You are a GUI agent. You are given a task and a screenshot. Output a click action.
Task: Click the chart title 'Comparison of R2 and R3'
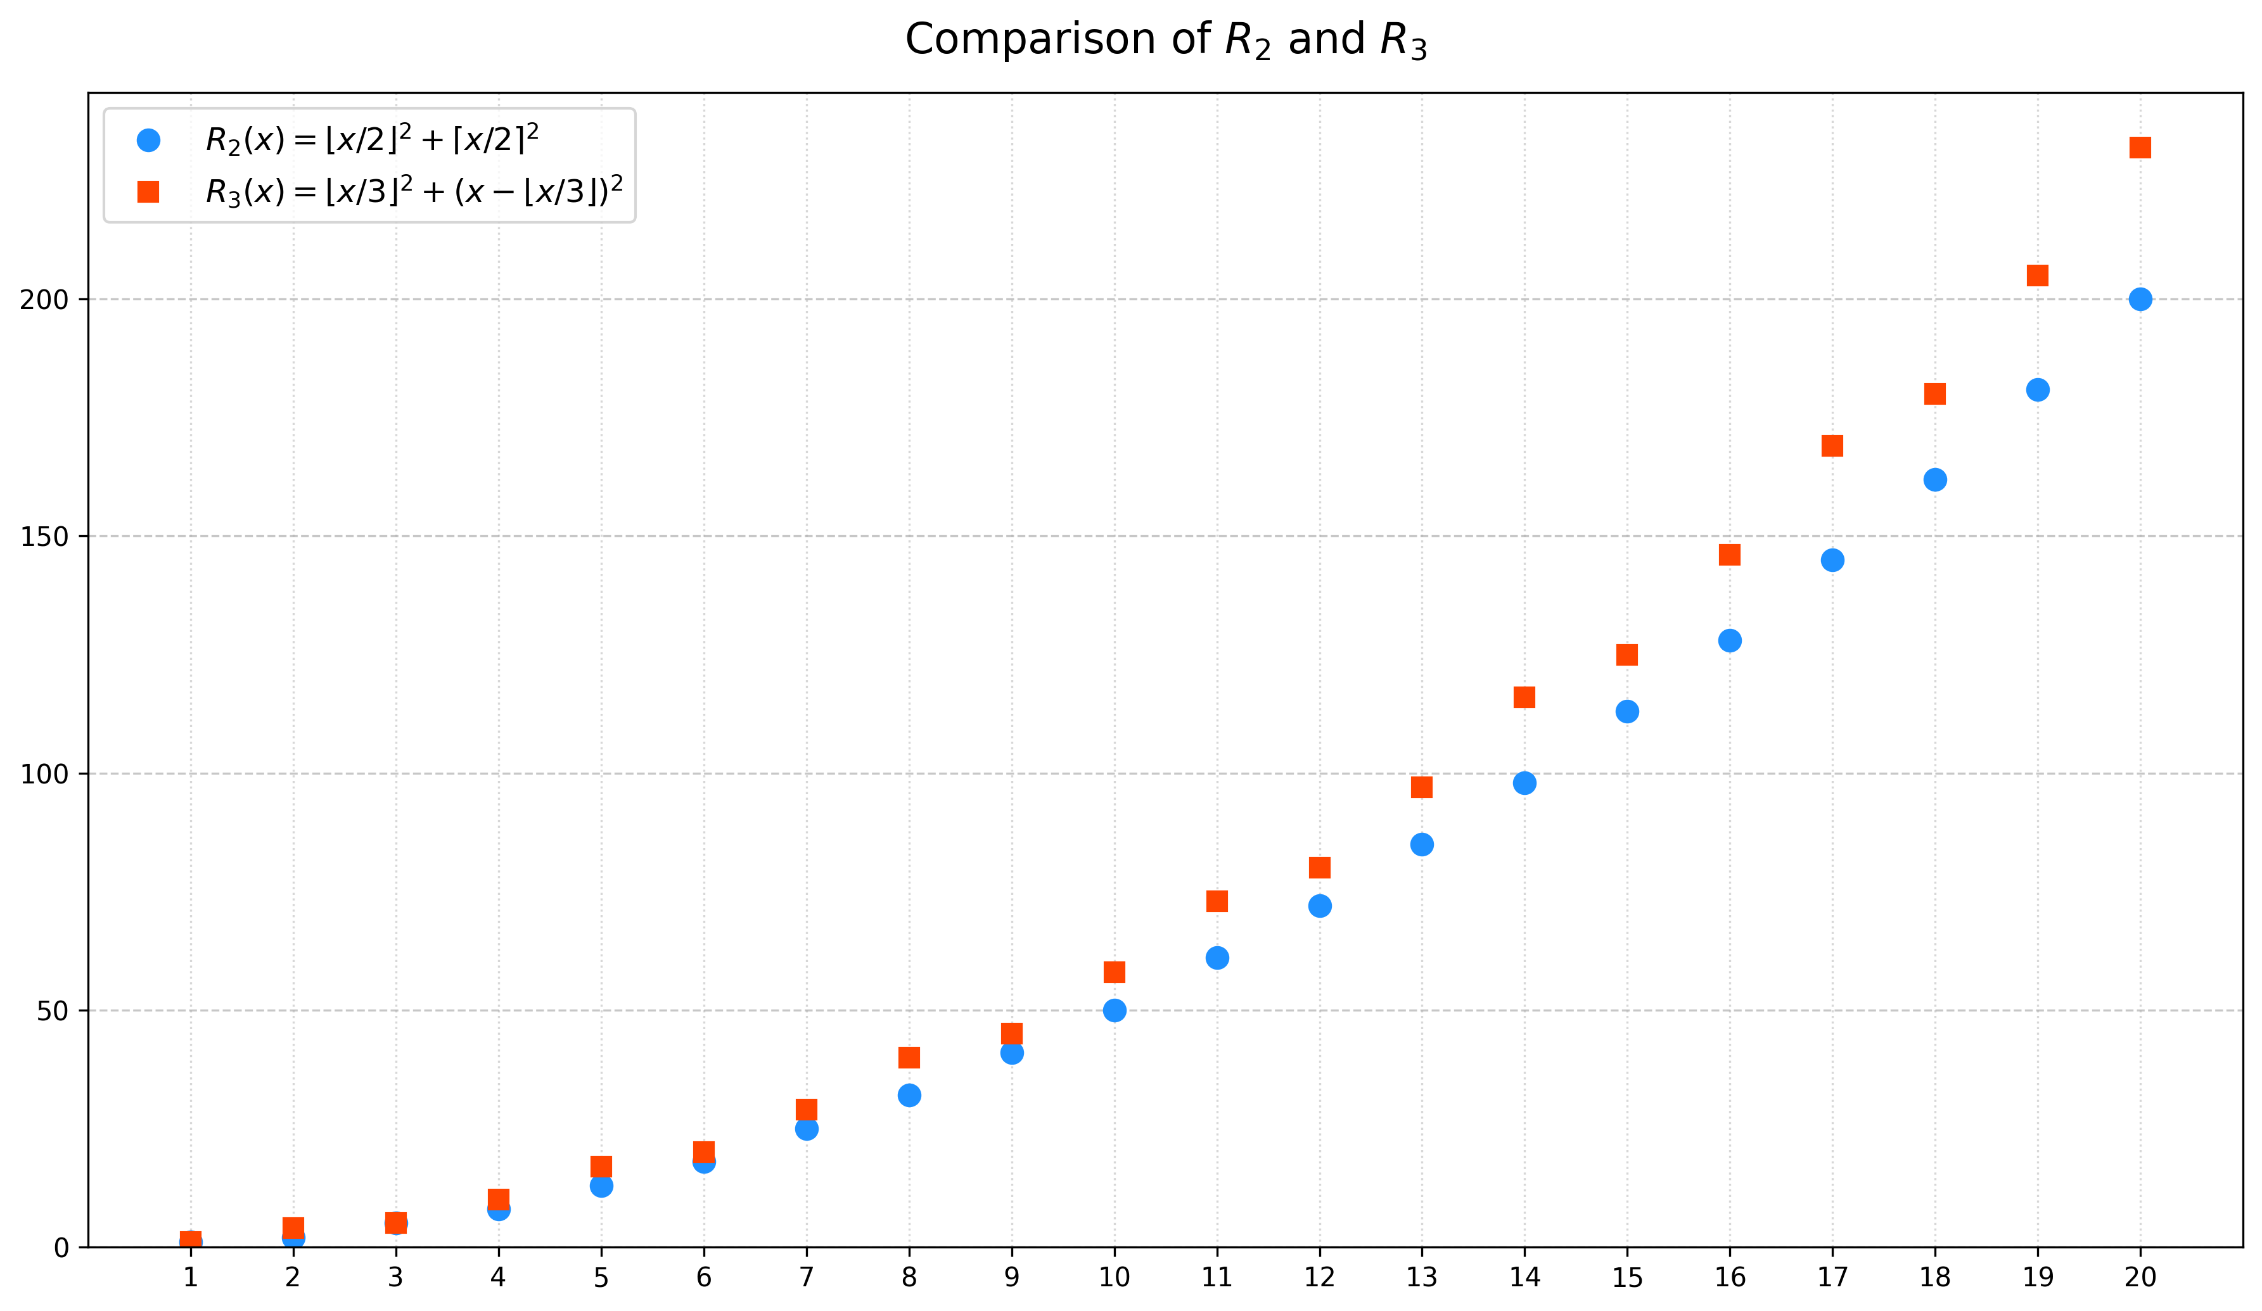[1165, 41]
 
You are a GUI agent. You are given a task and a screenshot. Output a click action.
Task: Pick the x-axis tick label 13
[1422, 1277]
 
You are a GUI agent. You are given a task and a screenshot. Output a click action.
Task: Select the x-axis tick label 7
[806, 1277]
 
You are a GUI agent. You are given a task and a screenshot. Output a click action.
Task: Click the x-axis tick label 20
[2140, 1277]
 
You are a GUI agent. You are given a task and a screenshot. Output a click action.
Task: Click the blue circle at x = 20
[2140, 300]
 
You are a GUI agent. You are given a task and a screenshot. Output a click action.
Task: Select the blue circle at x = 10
[1114, 1010]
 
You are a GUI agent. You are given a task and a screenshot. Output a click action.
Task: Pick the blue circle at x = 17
[1832, 560]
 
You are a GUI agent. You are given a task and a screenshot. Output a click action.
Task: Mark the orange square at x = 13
[1422, 788]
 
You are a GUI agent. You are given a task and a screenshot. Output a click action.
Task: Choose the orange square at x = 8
[909, 1058]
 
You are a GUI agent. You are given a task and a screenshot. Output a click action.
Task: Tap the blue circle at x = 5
[601, 1186]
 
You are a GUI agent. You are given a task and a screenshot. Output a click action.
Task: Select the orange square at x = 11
[1217, 902]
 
